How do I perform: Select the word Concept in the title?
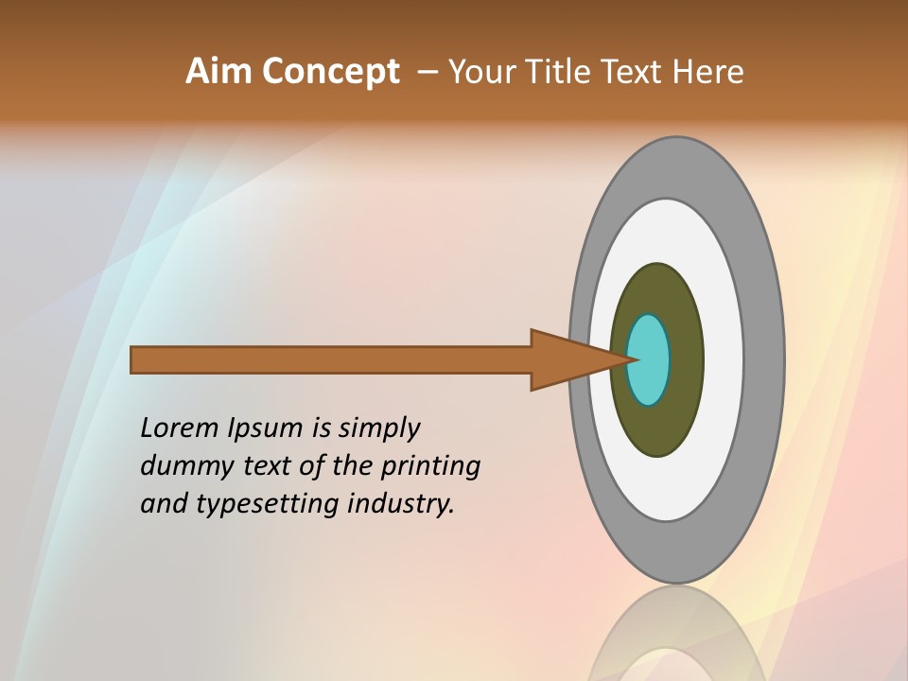pos(330,72)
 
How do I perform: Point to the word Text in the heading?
pos(640,72)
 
